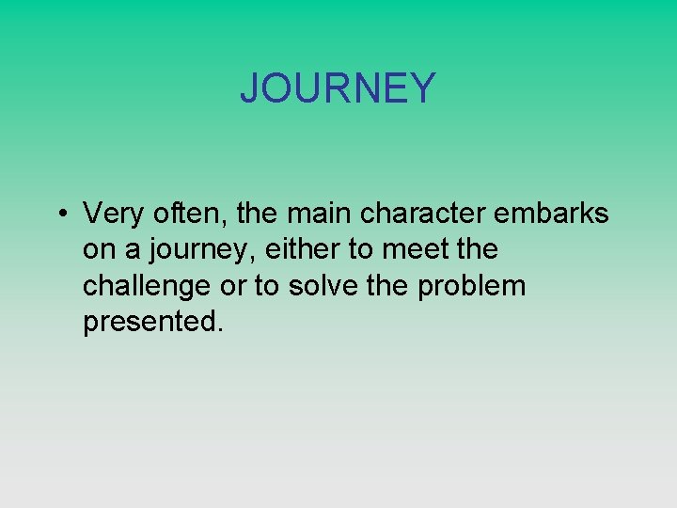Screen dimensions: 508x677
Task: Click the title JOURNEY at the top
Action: click(x=338, y=88)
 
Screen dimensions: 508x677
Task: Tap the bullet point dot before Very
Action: click(x=59, y=215)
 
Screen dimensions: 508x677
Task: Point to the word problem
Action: click(x=472, y=286)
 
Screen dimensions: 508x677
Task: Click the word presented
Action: click(x=153, y=322)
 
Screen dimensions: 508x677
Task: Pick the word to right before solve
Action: click(x=267, y=286)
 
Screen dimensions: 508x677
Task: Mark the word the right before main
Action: click(x=258, y=214)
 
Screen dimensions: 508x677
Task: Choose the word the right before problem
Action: click(x=387, y=286)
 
